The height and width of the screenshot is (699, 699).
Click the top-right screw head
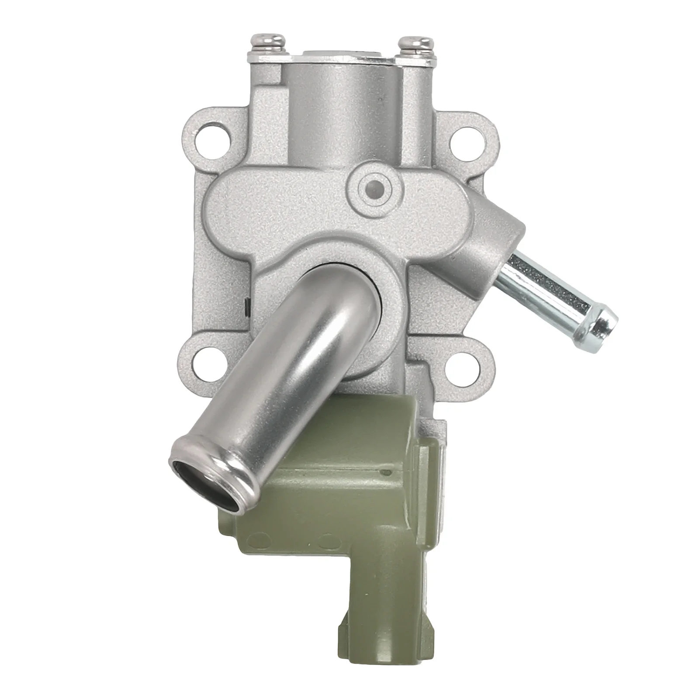pyautogui.click(x=415, y=45)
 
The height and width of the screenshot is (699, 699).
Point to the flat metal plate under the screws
pyautogui.click(x=341, y=57)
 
